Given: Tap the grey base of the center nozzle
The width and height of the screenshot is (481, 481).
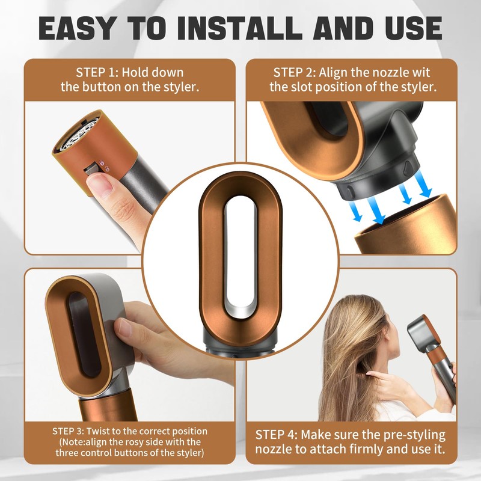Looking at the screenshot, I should pos(240,343).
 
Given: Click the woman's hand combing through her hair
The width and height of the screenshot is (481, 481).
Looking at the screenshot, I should pos(385,379).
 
